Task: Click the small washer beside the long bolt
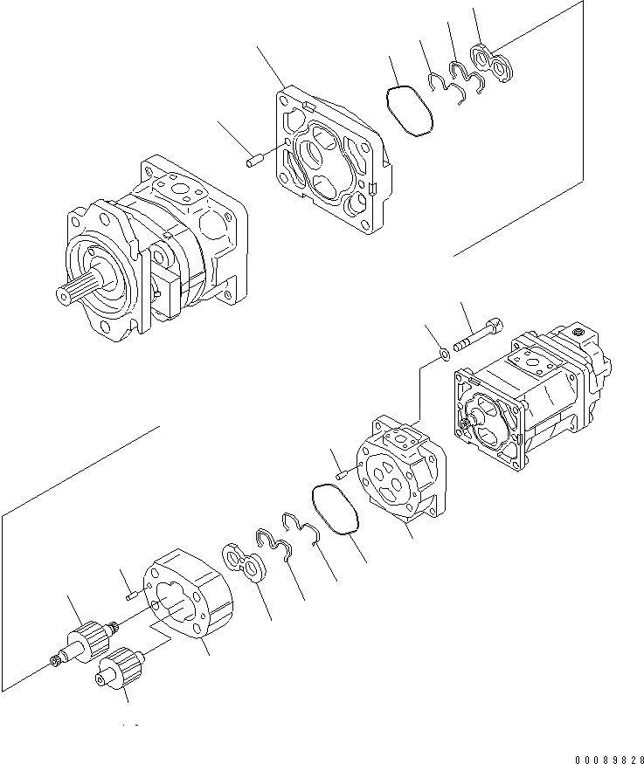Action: (x=443, y=354)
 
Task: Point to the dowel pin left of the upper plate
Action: (x=256, y=161)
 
